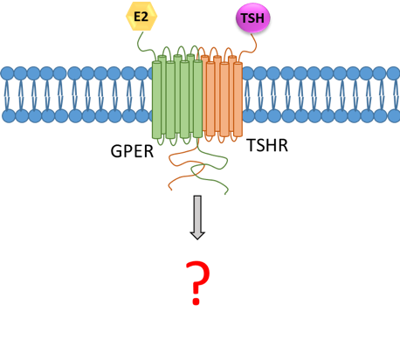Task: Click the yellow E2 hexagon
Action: [141, 16]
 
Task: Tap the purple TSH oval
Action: [252, 17]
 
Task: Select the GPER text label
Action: [132, 151]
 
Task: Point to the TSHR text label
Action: [267, 145]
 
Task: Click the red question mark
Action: [198, 282]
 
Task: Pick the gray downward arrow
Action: [197, 218]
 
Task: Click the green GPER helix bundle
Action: [177, 96]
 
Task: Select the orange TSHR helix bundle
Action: [222, 96]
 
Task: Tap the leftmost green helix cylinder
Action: [156, 100]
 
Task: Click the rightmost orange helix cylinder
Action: [238, 100]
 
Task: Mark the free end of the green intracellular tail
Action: [227, 193]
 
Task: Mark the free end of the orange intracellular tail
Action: [171, 190]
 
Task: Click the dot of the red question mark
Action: [197, 301]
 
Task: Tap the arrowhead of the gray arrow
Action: [197, 235]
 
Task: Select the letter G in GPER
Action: [115, 151]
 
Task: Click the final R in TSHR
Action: [283, 145]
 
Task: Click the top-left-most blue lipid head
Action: [8, 73]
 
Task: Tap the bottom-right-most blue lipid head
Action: [394, 116]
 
